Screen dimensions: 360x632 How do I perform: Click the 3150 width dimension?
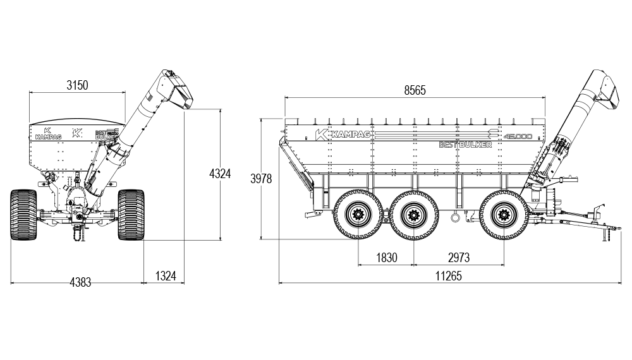tap(77, 85)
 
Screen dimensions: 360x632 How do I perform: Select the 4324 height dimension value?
tap(220, 174)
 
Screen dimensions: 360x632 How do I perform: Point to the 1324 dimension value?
tap(165, 275)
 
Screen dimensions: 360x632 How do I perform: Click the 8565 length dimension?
tap(415, 90)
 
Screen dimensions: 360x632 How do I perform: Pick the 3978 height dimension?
tap(261, 179)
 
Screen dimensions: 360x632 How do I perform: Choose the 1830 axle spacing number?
tap(386, 257)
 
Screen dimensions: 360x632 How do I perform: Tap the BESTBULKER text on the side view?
tap(465, 145)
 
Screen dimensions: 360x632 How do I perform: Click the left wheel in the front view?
tap(25, 214)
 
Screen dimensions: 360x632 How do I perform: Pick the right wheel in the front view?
tap(131, 214)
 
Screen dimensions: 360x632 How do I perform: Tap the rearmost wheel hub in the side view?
tap(358, 215)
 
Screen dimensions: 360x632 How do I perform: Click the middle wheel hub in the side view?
tap(414, 215)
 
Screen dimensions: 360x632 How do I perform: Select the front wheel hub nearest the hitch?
tap(504, 215)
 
